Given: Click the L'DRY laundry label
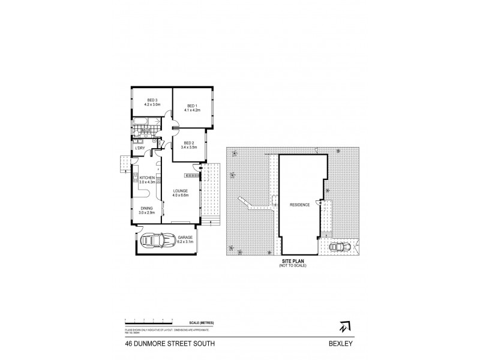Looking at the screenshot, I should tap(140, 148).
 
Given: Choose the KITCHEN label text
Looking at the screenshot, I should tap(148, 178).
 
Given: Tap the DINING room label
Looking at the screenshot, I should tap(147, 208).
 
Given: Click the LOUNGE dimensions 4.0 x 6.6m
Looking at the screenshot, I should tap(181, 195).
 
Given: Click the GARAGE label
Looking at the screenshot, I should tap(185, 237).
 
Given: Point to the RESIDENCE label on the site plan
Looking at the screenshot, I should tap(299, 205).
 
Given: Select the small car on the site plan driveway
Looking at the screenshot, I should tap(338, 247).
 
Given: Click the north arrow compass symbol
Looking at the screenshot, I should tap(343, 327).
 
